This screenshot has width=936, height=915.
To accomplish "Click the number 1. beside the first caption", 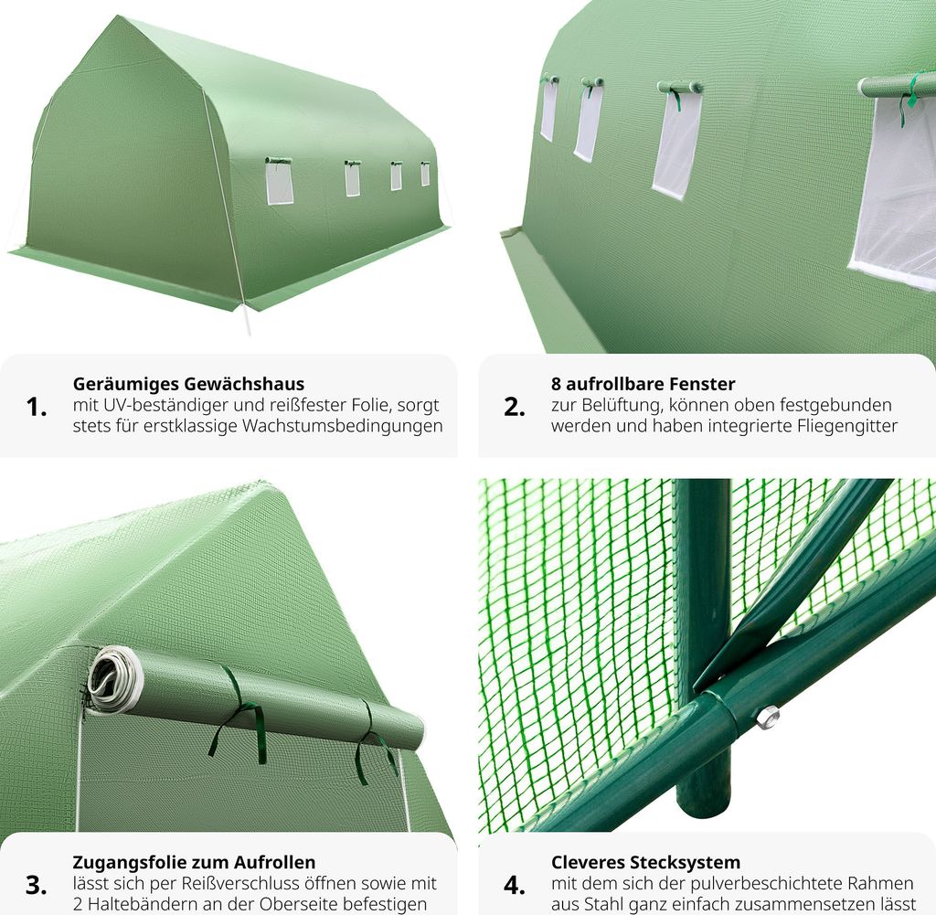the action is click(37, 407).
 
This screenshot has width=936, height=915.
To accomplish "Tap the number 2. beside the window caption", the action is click(514, 407).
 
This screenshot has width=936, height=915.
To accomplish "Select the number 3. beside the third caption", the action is click(37, 885).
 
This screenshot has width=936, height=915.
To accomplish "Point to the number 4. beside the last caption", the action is click(514, 885).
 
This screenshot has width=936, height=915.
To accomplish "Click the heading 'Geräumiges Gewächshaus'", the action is click(188, 384).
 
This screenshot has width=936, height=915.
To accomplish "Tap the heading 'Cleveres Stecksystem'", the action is click(646, 862).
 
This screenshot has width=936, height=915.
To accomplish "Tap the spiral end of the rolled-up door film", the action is click(112, 678).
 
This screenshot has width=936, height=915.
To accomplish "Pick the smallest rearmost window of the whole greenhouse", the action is click(425, 174).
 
